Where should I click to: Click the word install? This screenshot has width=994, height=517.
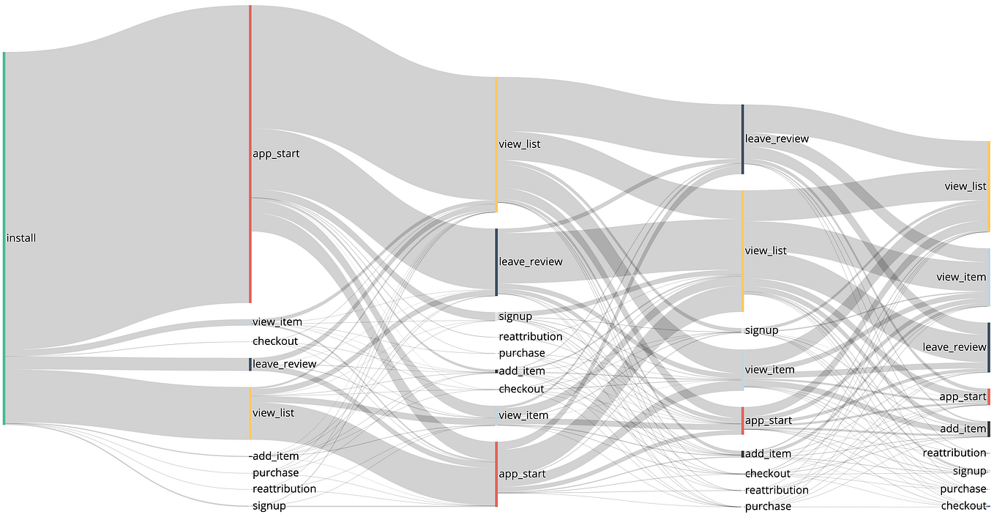(21, 238)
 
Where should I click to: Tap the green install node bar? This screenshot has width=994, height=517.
(4, 238)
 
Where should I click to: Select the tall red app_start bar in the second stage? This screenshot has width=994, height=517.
(250, 154)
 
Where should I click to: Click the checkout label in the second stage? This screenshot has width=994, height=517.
(275, 341)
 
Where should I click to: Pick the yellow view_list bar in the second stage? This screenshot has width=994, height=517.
(250, 413)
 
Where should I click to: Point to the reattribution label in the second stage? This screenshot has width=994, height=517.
(284, 488)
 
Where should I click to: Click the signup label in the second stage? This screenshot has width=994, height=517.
(269, 506)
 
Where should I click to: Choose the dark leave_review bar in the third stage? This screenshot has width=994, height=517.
(496, 261)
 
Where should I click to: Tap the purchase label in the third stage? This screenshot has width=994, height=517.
(522, 353)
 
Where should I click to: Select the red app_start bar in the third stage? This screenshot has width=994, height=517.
(496, 474)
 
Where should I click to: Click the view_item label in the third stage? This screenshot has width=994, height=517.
(523, 415)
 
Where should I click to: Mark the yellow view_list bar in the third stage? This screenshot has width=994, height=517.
(496, 144)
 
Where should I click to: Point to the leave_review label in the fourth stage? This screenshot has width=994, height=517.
(777, 138)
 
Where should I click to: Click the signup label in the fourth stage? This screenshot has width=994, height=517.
(761, 330)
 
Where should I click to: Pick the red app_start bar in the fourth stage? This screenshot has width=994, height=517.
(742, 420)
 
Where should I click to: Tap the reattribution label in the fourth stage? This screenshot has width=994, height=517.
(777, 490)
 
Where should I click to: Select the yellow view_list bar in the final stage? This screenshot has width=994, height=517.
(989, 187)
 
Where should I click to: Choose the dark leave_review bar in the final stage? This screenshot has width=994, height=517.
(989, 347)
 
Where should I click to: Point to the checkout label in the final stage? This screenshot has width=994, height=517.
(963, 505)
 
